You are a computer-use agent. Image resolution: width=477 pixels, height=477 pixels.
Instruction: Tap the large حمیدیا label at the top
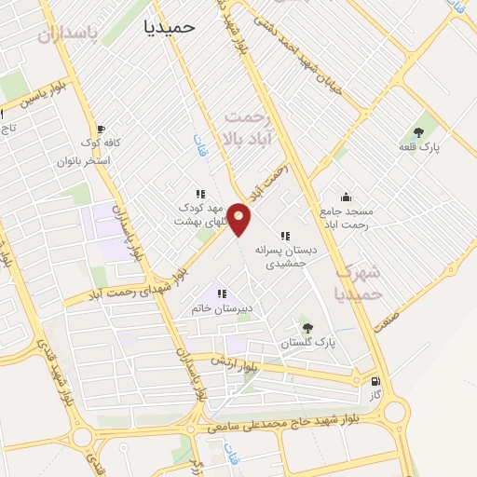coord(170,27)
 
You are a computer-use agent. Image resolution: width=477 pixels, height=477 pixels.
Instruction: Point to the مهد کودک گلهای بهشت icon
coord(199,194)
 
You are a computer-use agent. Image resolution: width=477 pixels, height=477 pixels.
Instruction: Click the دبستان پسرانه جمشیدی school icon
coord(285,236)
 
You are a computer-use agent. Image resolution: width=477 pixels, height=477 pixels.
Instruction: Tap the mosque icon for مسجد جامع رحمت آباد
coord(347,197)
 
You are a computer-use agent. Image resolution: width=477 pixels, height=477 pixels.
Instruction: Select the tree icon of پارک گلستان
coord(307,327)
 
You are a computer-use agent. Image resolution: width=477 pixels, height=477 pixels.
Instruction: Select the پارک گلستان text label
coord(307,344)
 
